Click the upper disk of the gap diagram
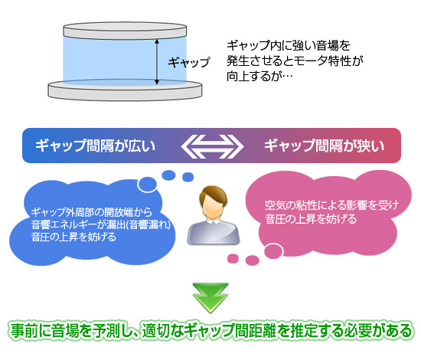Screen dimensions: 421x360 tap(125, 31)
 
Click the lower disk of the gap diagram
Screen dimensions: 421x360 tap(125, 90)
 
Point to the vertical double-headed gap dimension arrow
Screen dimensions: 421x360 tap(157, 61)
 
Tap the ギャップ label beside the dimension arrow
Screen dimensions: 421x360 tap(189, 62)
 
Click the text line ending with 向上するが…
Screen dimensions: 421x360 tap(259, 77)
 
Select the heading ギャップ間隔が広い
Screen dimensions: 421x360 tap(96, 146)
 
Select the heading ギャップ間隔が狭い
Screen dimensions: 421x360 tap(325, 146)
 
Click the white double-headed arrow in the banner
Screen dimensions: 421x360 tap(212, 146)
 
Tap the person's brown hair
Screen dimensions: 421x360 tap(214, 195)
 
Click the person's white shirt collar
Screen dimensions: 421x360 tap(213, 222)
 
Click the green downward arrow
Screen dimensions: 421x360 tap(210, 298)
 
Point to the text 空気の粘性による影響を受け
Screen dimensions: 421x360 tap(332, 205)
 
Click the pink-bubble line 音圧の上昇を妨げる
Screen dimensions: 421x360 tap(311, 219)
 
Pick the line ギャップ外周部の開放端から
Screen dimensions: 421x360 tap(92, 212)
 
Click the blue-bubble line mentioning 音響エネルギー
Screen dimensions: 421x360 tap(101, 224)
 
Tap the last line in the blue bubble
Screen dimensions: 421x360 tap(73, 237)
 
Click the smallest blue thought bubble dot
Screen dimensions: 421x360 tap(188, 177)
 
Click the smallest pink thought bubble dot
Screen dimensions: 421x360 tap(233, 258)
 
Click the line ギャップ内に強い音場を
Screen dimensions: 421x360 tap(289, 45)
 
